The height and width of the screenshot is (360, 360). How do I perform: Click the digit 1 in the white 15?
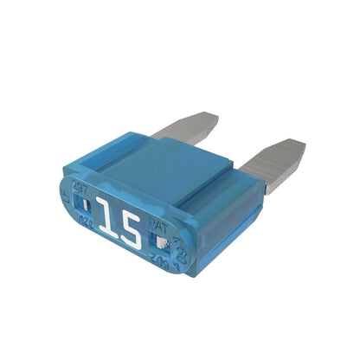click(x=105, y=222)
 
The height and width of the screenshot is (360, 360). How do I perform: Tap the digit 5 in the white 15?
click(x=129, y=229)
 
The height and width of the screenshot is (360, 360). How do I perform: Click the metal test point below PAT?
click(x=163, y=238)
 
